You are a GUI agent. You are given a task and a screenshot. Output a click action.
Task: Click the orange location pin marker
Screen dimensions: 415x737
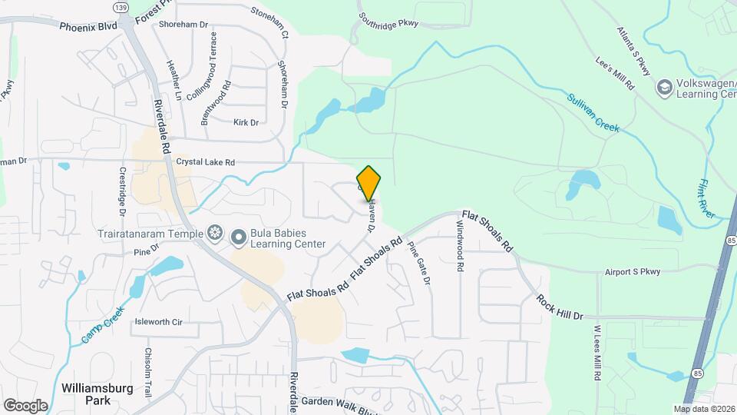pos(369,184)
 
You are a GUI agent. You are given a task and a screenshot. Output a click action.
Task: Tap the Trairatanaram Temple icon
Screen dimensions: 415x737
pos(215,233)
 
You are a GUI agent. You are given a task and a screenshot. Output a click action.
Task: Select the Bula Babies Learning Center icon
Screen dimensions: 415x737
pos(238,238)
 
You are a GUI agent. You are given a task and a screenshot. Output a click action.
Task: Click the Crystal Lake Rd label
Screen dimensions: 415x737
pos(205,162)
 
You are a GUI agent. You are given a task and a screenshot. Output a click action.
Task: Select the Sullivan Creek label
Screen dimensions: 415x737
pos(593,112)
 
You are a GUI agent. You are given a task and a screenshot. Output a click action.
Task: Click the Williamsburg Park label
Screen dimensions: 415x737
pos(87,393)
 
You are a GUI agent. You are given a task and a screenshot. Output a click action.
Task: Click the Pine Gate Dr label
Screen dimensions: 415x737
pos(419,263)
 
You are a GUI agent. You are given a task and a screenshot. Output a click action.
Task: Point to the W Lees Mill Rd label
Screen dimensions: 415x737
pos(596,352)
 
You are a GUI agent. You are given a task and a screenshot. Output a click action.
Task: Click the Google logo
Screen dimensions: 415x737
pos(25,405)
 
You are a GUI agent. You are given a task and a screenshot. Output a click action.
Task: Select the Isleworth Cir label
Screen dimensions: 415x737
pos(157,322)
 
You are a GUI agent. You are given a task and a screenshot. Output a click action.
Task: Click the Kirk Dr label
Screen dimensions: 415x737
pos(246,121)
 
